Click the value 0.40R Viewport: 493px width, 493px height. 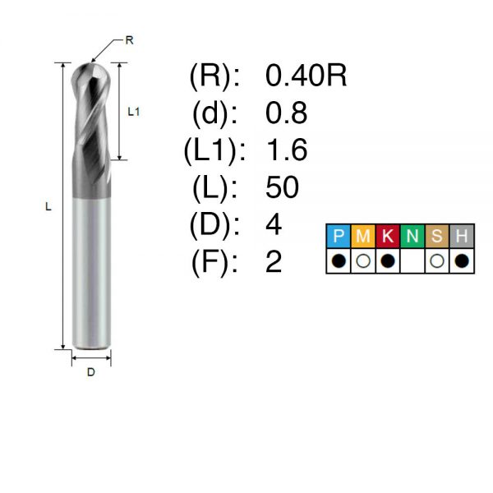306,76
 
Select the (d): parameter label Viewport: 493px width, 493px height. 214,113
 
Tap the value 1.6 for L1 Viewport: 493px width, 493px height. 287,150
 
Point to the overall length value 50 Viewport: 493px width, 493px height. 282,187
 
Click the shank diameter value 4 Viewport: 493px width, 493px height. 274,224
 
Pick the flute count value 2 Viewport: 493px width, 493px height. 274,262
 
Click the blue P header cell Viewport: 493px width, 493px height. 339,236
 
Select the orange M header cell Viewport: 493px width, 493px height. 363,236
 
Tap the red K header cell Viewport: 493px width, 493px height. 388,236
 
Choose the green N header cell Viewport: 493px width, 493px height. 412,236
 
